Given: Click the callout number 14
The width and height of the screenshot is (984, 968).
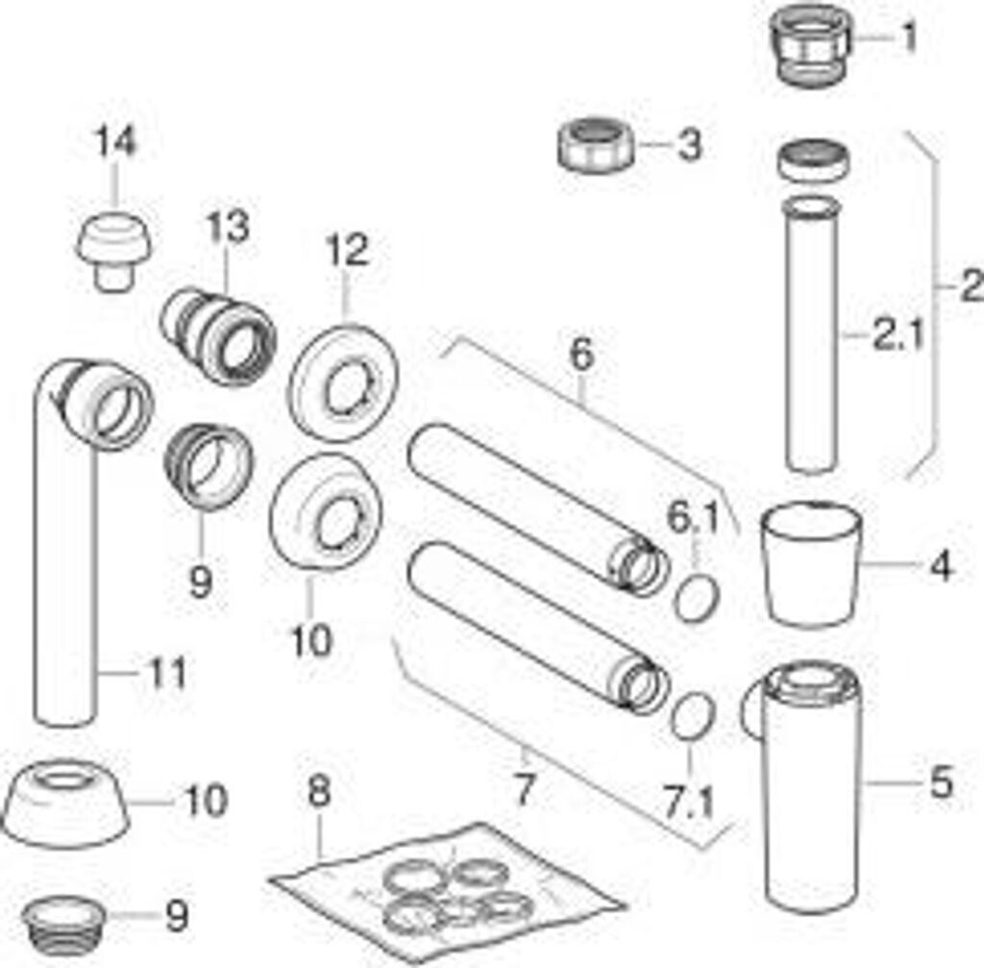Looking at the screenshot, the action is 116,142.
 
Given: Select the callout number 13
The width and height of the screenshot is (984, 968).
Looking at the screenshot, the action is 229,226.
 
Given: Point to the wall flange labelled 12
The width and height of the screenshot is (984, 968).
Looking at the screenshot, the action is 342,383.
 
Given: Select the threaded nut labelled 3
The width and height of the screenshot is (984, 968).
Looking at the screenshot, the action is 595,146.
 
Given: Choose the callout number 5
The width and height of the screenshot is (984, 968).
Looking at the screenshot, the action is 941,782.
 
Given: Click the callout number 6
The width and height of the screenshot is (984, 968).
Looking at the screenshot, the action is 581,355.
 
